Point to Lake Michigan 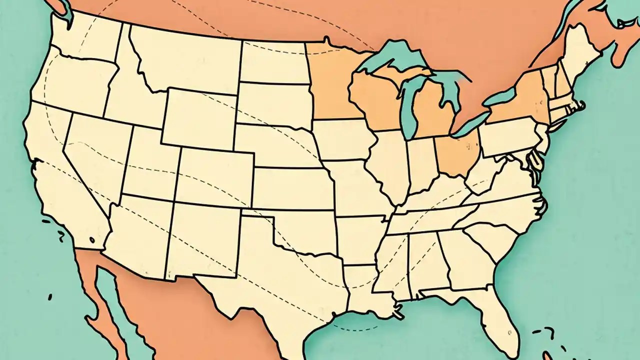point(409,107)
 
